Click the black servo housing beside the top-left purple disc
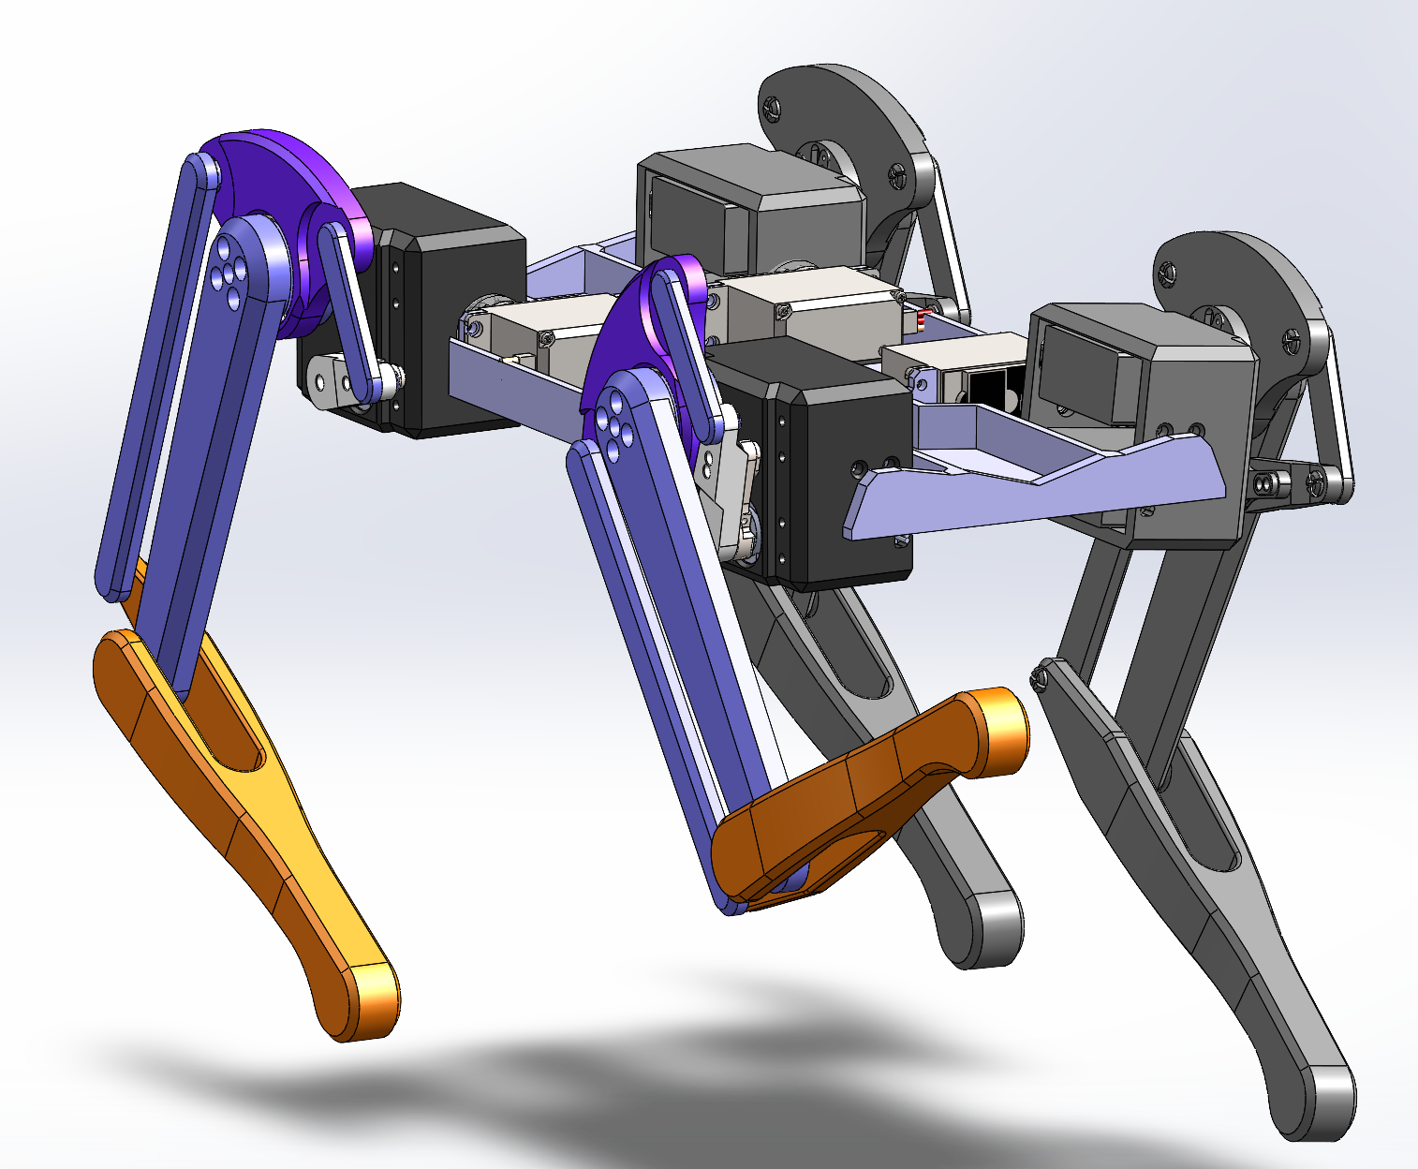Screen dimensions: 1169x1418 [450, 309]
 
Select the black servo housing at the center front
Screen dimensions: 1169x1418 [824, 468]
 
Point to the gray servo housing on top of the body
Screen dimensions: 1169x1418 [749, 206]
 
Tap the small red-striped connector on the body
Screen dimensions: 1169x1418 [920, 319]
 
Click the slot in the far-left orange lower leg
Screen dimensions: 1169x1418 [234, 740]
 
